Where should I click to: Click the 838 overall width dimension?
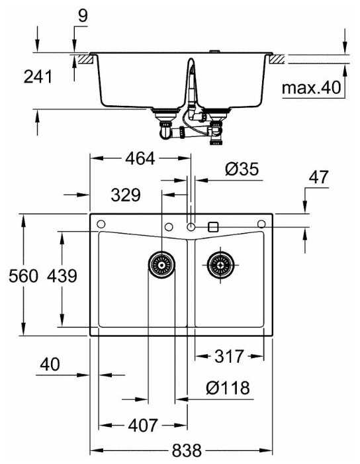pos(187,451)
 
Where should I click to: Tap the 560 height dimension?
pos(23,276)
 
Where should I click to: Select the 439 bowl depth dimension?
pos(62,276)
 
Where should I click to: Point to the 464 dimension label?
pos(140,159)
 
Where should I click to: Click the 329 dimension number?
pos(126,195)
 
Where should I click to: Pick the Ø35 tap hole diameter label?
pos(242,169)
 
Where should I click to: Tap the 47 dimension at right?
pos(318,177)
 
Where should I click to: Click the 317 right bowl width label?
pos(229,356)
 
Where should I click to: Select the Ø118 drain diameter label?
pos(228,388)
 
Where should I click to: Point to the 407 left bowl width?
pos(143,426)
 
